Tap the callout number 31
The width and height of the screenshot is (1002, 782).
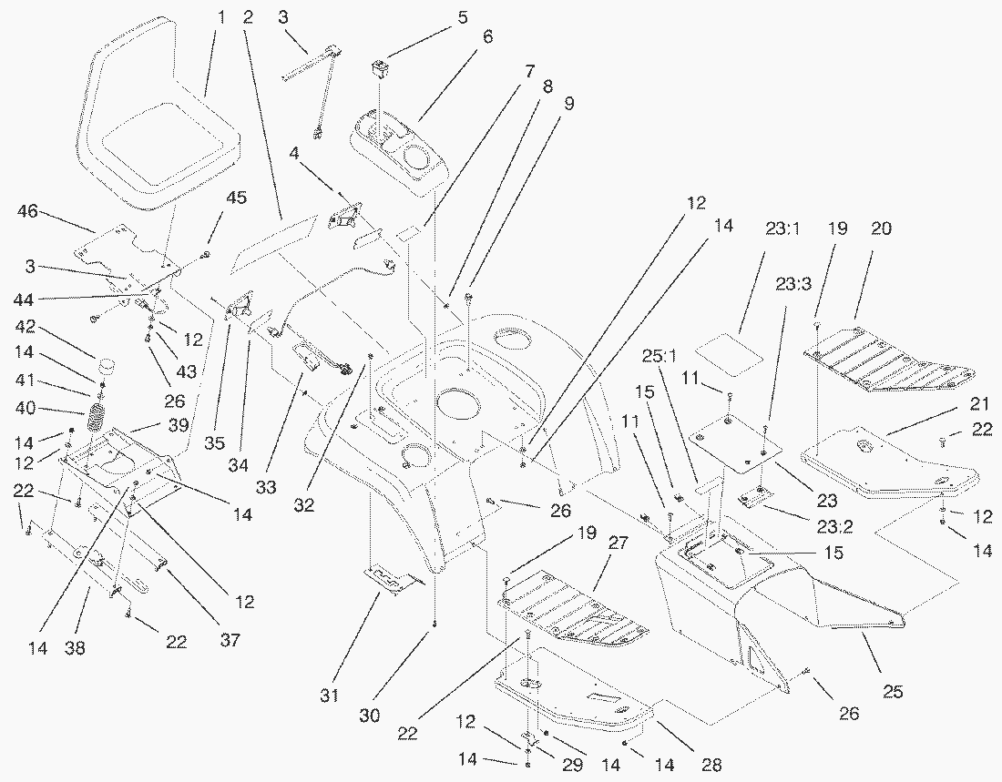pos(329,696)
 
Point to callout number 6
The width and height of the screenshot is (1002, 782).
pos(487,37)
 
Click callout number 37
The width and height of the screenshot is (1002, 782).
pos(230,641)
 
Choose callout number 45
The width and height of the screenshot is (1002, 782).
pos(211,198)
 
